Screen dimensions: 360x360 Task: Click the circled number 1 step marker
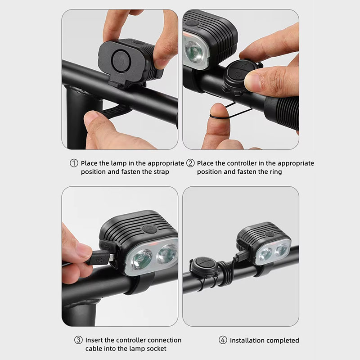click(x=74, y=163)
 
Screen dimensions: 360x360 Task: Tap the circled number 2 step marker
click(x=190, y=163)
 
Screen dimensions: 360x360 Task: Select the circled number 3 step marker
click(x=78, y=340)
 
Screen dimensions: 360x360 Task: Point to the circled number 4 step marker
click(x=223, y=340)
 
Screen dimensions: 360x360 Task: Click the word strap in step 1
click(x=161, y=172)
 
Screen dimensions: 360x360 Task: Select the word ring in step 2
click(x=276, y=172)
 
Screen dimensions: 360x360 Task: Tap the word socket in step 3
click(x=156, y=349)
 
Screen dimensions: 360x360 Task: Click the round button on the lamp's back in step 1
click(x=121, y=61)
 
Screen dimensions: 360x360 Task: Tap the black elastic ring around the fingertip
click(x=219, y=117)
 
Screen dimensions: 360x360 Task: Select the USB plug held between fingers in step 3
click(x=99, y=258)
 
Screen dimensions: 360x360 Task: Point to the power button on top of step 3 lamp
click(x=149, y=229)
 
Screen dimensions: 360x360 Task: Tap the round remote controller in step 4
click(x=204, y=267)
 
